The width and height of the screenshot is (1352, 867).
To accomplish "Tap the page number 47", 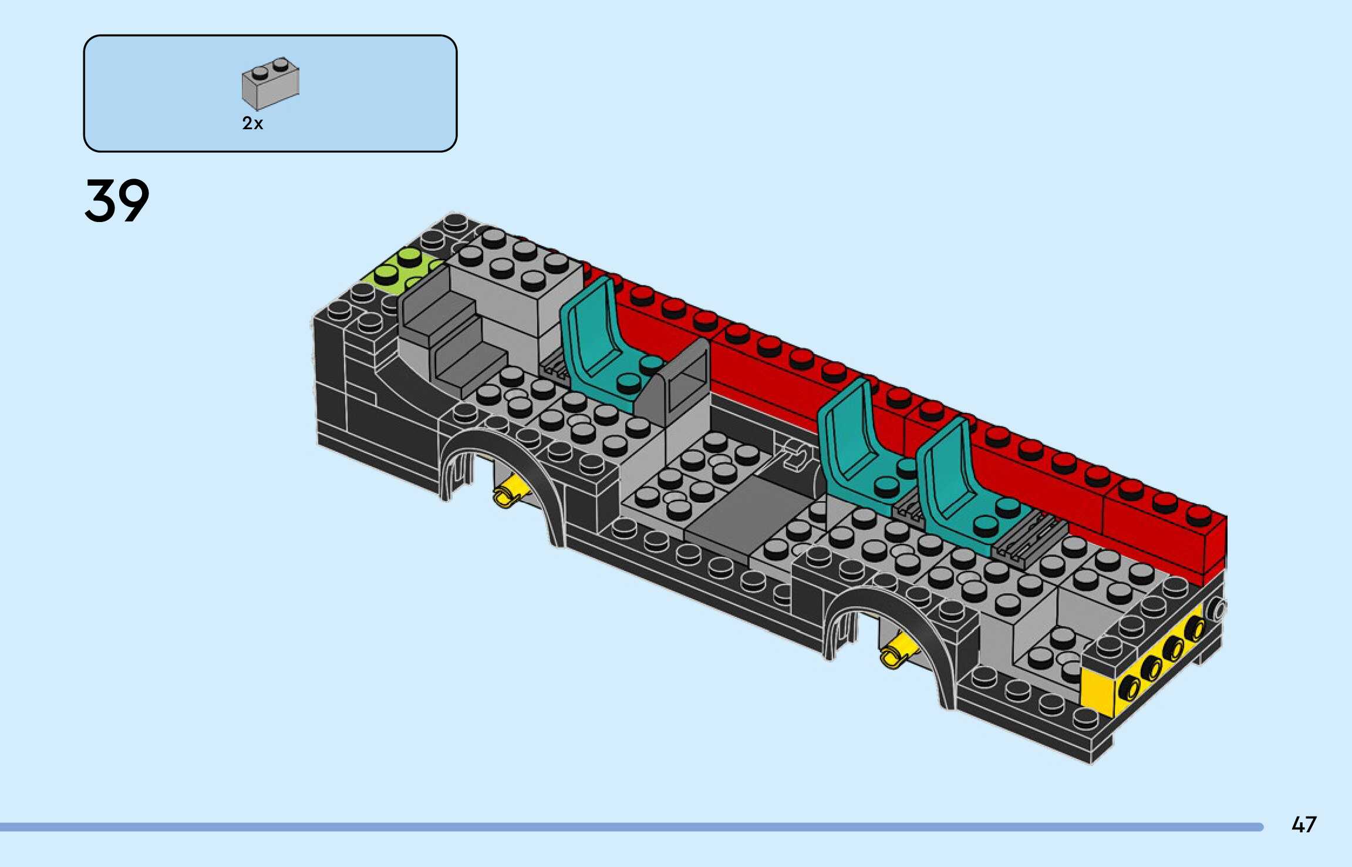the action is pyautogui.click(x=1304, y=825).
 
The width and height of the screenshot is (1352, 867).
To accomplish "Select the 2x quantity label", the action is pyautogui.click(x=252, y=123).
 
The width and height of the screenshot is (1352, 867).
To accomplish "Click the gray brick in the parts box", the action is pyautogui.click(x=271, y=83).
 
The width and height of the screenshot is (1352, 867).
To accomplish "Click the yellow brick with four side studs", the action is pyautogui.click(x=1145, y=664).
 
